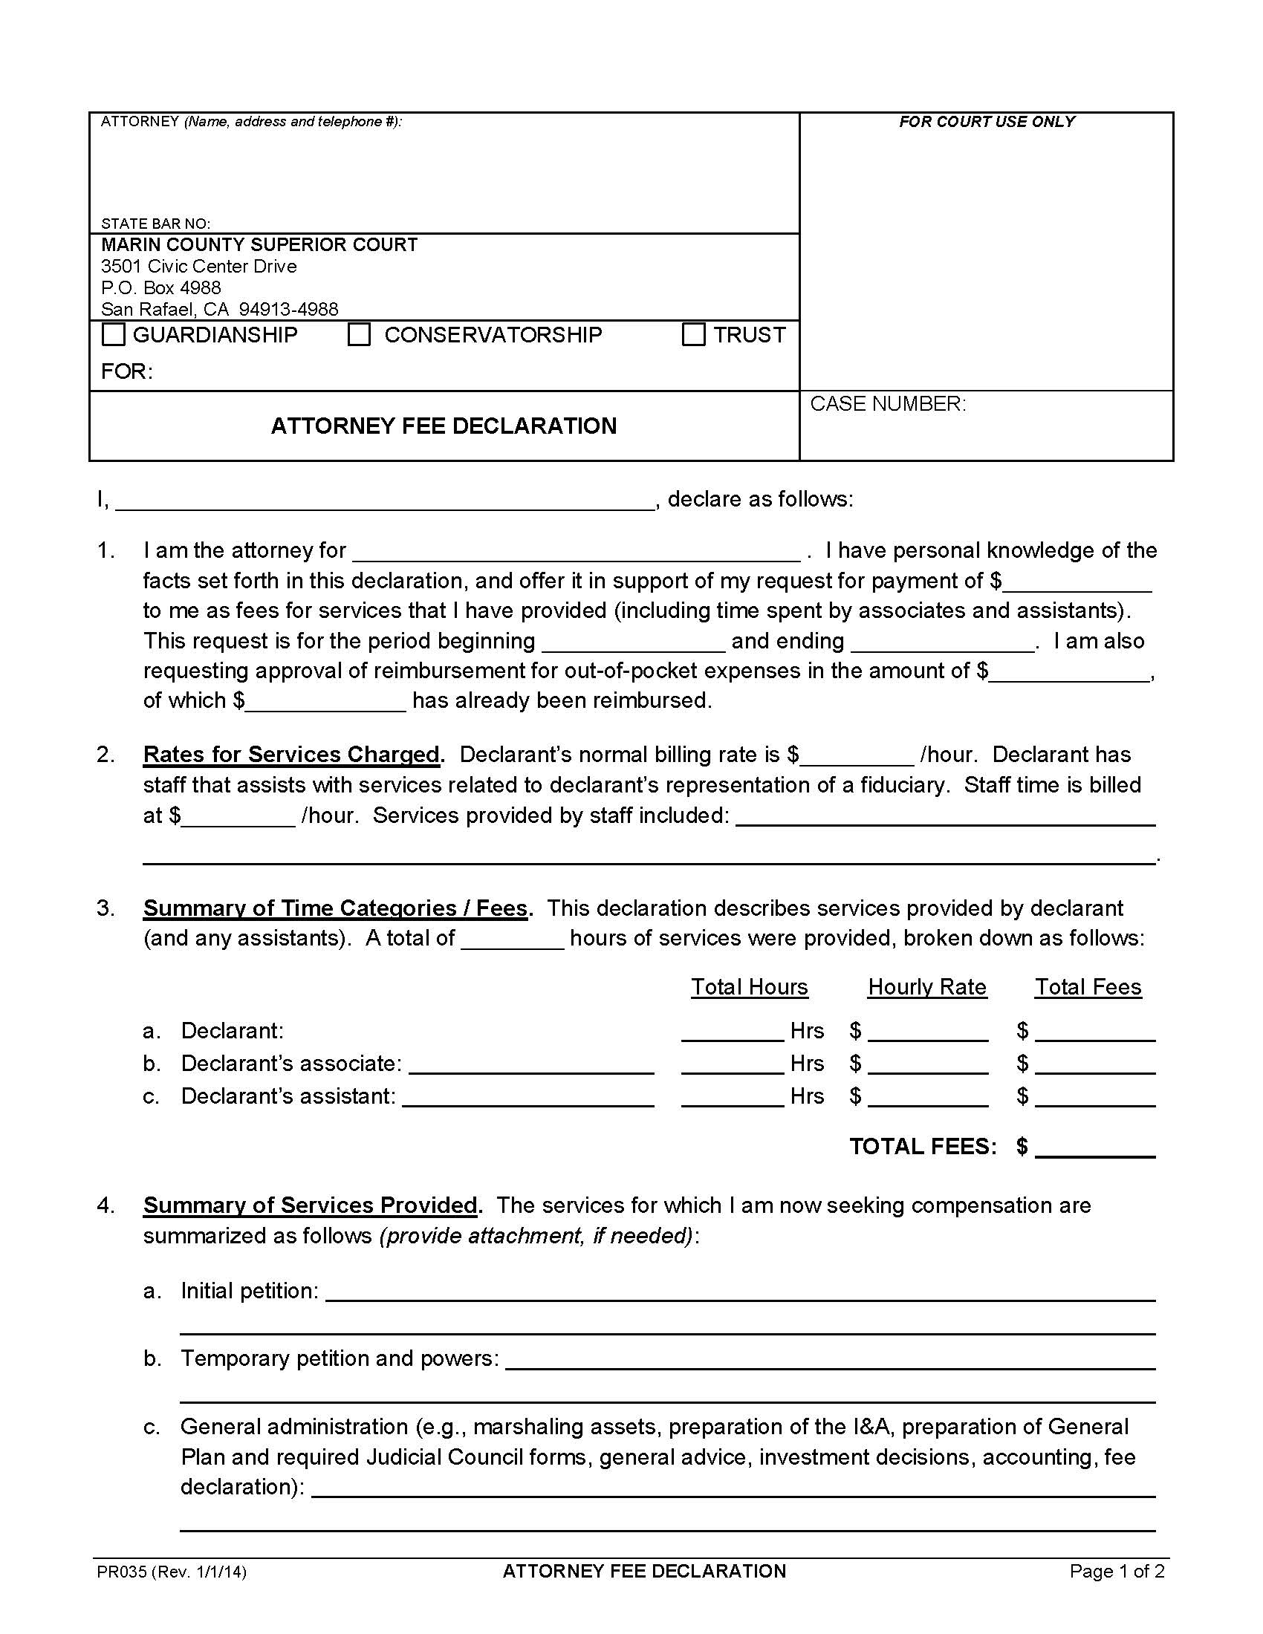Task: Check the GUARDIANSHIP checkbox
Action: [x=113, y=334]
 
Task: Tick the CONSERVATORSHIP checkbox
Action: [x=359, y=334]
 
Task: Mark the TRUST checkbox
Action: [x=694, y=334]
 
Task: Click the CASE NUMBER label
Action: [x=887, y=404]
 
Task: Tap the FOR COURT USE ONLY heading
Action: [x=986, y=122]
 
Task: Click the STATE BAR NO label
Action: [x=155, y=224]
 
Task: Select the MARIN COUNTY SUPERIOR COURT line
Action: [x=259, y=244]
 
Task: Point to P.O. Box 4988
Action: [x=161, y=288]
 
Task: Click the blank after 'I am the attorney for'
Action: [x=576, y=552]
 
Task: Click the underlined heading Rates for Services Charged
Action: [x=291, y=754]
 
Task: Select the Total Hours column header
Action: [x=749, y=987]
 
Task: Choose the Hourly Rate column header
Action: [x=927, y=987]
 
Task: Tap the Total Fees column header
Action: [x=1088, y=987]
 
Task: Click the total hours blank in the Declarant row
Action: [x=732, y=1031]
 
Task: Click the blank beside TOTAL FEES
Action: [x=1095, y=1147]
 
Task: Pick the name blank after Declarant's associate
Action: [x=531, y=1064]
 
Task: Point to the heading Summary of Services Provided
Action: [x=310, y=1205]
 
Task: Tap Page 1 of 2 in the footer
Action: [x=1117, y=1572]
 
